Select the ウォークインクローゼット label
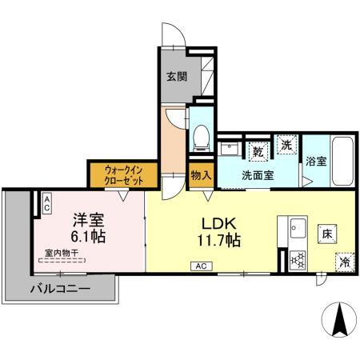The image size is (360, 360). click(x=124, y=174)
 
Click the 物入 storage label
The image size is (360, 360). click(x=200, y=174)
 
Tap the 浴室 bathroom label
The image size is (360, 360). click(x=315, y=161)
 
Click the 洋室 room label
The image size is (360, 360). click(x=87, y=218)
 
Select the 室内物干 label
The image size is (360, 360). click(x=61, y=253)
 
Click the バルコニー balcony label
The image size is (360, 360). click(x=60, y=288)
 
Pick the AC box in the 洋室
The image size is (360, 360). click(x=47, y=204)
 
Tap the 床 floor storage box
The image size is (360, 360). click(x=326, y=234)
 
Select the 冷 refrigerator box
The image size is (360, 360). click(x=343, y=260)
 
